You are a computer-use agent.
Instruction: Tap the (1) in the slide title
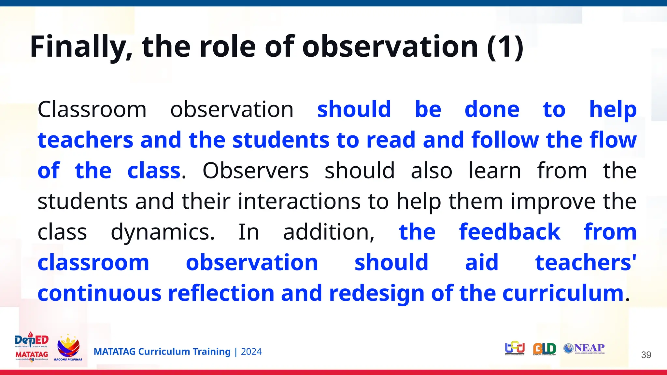[x=505, y=47]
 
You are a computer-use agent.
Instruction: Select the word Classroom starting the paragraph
[x=92, y=109]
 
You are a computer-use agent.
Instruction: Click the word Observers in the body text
[x=255, y=171]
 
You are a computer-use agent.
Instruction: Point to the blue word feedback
[x=510, y=232]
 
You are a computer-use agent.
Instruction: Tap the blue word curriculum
[x=563, y=293]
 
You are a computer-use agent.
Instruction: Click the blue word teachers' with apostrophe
[x=586, y=263]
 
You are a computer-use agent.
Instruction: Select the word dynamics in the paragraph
[x=163, y=232]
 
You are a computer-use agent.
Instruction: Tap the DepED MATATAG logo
[x=32, y=347]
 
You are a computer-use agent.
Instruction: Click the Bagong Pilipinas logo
[x=68, y=348]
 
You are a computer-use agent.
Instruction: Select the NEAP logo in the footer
[x=584, y=349]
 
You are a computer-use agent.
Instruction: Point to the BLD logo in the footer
[x=545, y=349]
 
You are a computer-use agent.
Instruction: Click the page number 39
[x=646, y=355]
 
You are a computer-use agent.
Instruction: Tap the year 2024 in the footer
[x=251, y=352]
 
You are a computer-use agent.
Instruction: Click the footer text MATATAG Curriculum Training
[x=162, y=352]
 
